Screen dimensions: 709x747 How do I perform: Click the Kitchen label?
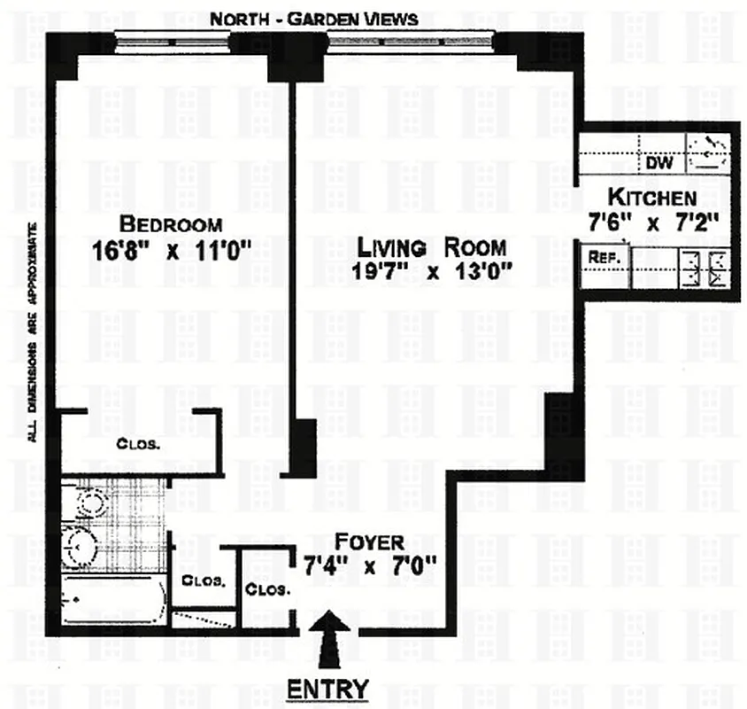(x=652, y=198)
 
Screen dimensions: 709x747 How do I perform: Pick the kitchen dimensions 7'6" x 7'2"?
(x=652, y=224)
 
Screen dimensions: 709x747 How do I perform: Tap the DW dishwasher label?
(x=659, y=163)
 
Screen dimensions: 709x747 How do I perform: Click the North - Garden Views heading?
(x=315, y=19)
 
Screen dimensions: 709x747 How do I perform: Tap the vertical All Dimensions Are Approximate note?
(x=33, y=332)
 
